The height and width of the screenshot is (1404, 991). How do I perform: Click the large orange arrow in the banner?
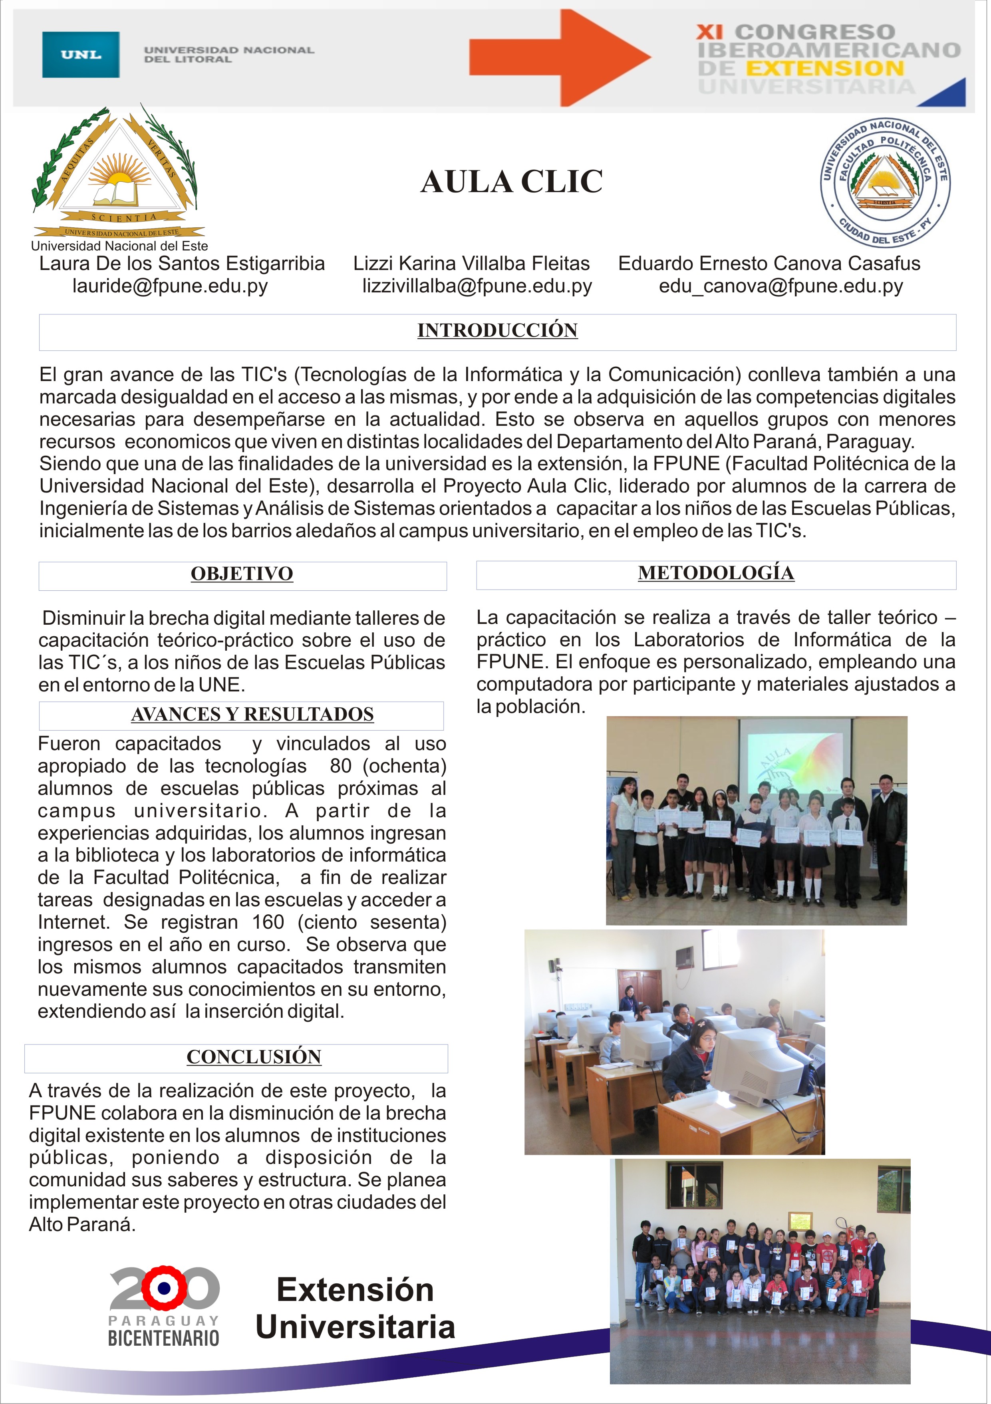pos(559,58)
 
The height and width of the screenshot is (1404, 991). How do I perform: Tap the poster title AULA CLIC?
pos(512,182)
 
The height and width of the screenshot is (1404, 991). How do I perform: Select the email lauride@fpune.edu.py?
pos(170,286)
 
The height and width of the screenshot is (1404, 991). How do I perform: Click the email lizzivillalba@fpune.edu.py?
pos(477,286)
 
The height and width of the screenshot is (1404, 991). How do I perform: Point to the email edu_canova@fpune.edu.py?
pos(780,286)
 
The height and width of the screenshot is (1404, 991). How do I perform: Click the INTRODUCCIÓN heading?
pos(497,330)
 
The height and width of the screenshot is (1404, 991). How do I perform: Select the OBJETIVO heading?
pos(242,574)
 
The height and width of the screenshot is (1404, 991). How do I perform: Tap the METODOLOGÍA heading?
pos(716,573)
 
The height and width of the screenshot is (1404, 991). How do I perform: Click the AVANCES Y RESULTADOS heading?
pos(252,714)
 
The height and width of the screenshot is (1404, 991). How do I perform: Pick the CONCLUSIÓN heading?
pos(254,1056)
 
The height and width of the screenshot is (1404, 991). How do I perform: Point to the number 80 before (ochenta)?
pos(341,766)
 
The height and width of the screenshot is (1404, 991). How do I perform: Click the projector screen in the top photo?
pos(794,753)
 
